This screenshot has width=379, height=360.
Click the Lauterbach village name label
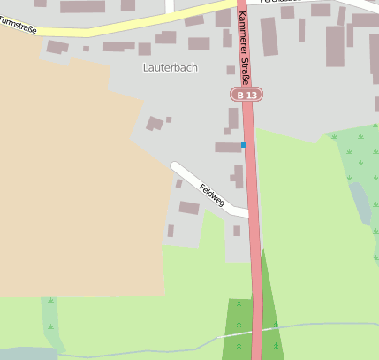coord(170,67)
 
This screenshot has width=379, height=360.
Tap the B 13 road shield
coord(247,95)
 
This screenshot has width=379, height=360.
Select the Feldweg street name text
coord(212,195)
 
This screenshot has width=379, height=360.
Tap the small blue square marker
coord(244,144)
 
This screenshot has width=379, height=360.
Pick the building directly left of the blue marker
coord(227,147)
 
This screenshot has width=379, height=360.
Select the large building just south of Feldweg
coord(189,208)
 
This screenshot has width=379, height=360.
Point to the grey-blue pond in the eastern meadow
coord(360,202)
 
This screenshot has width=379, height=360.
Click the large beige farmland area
coord(71,177)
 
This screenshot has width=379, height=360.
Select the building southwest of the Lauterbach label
coord(155,123)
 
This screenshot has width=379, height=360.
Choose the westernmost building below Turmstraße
coord(56,47)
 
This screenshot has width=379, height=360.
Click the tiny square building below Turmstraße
coord(86,49)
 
